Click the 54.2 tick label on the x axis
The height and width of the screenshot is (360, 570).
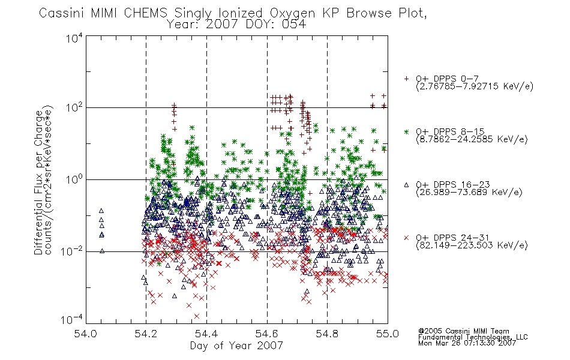(146, 334)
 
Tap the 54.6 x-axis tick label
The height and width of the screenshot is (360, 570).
(267, 334)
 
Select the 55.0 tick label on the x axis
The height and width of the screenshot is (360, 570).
(388, 334)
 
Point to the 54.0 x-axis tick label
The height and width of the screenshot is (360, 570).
(85, 334)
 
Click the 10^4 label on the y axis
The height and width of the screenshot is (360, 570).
(74, 38)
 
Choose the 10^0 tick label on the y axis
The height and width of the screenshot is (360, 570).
(74, 179)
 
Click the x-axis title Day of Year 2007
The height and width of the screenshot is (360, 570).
(236, 346)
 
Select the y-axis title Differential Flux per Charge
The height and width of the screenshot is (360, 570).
(39, 182)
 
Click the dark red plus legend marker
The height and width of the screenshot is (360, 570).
(406, 79)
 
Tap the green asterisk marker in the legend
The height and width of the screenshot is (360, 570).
(406, 131)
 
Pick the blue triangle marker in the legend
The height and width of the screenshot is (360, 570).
(406, 185)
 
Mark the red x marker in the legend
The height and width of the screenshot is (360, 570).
(406, 238)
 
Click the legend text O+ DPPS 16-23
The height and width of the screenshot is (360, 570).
(452, 184)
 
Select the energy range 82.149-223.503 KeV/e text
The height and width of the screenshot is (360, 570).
(472, 245)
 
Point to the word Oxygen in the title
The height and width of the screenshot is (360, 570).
(292, 13)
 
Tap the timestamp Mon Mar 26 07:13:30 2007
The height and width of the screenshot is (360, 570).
(467, 343)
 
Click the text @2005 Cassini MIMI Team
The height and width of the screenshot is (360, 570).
(463, 331)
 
